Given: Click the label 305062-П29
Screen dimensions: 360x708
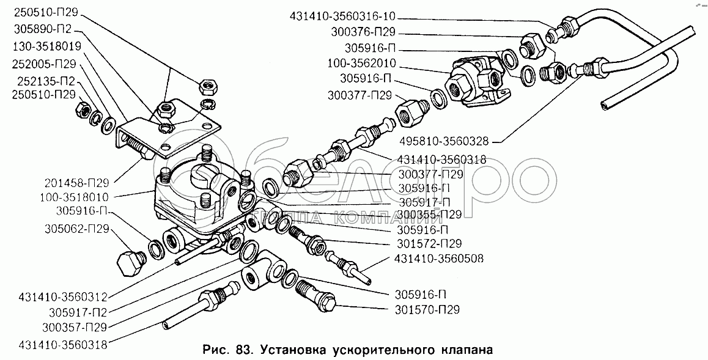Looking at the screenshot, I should point(78,229).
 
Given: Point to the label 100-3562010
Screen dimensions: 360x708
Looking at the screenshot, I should point(361,63).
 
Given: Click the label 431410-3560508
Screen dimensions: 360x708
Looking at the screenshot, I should point(438,259).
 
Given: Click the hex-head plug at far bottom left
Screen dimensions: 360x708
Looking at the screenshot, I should point(129,262).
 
